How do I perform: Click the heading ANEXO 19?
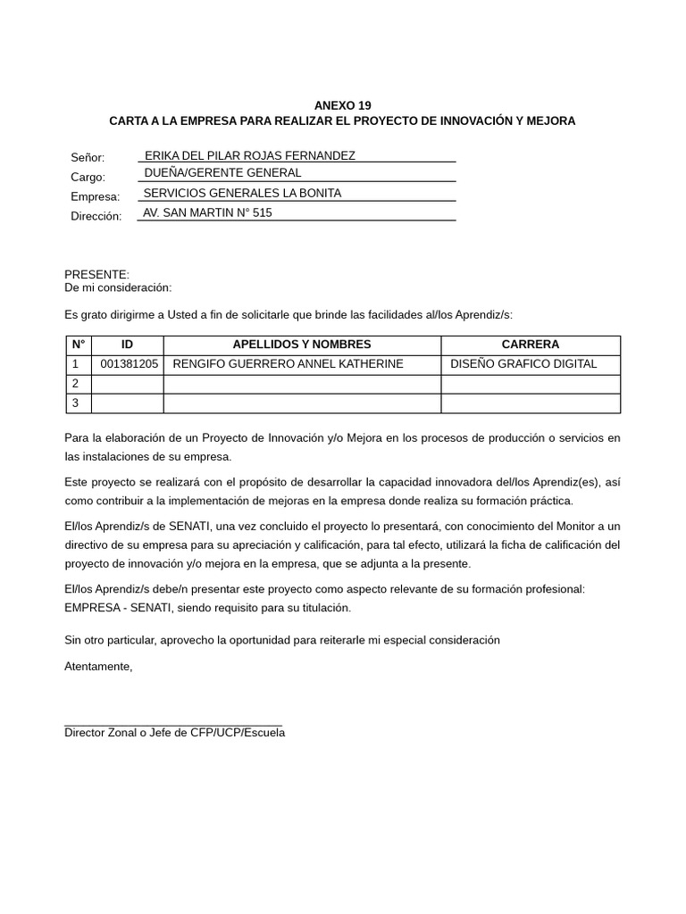coord(342,105)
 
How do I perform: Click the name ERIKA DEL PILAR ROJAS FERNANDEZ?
coord(249,155)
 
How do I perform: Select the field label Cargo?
coord(88,177)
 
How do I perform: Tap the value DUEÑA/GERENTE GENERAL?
coord(222,173)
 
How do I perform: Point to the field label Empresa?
coord(95,196)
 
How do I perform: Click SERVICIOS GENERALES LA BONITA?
coord(242,193)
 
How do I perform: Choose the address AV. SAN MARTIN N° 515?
coord(207,212)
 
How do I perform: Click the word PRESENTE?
coord(96,274)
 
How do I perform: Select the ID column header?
coord(127,345)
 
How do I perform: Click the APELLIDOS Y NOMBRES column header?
coord(302,345)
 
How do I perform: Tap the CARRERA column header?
coord(530,345)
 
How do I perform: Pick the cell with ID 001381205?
coord(129,364)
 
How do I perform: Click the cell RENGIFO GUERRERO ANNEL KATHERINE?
coord(288,364)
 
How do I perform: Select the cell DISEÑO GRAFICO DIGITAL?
coord(523,364)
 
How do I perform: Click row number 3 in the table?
coord(76,403)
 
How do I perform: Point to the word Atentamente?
coord(98,667)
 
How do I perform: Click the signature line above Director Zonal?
coord(173,726)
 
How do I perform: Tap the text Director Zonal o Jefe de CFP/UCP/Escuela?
coord(175,734)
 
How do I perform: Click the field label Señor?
coord(88,157)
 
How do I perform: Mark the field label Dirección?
coord(96,216)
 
